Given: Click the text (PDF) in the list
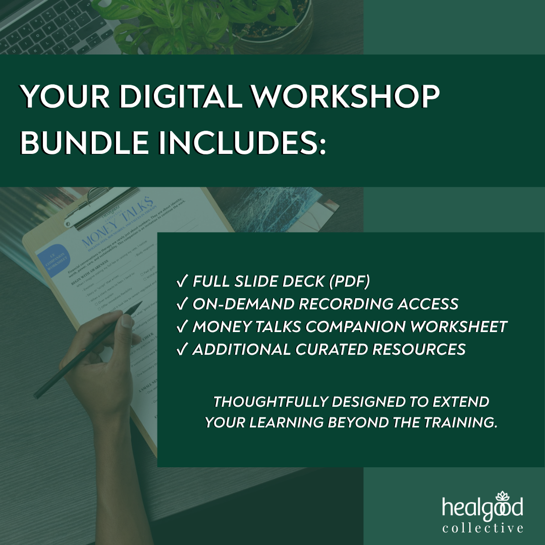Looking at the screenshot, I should coord(349,282).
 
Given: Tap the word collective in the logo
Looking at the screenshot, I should coord(483,528).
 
